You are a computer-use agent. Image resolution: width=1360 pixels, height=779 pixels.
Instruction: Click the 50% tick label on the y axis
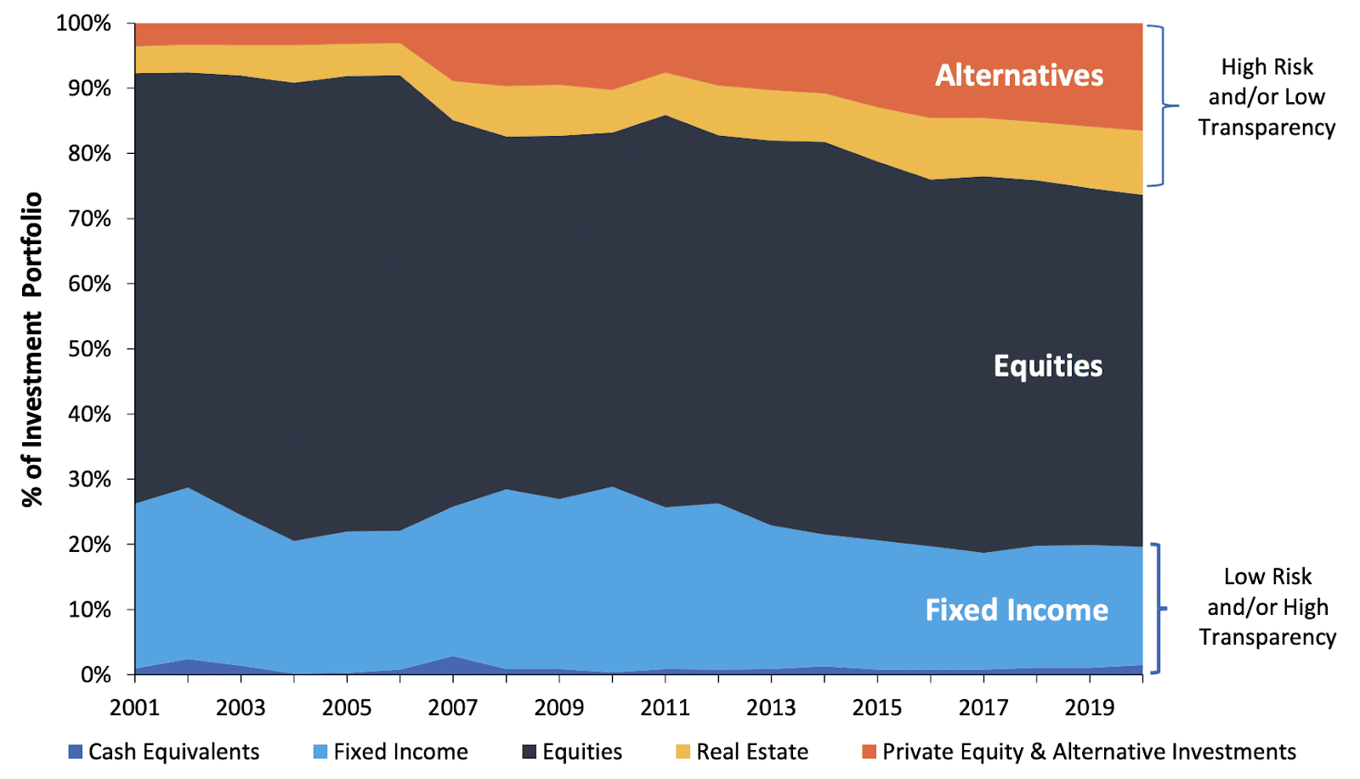[83, 350]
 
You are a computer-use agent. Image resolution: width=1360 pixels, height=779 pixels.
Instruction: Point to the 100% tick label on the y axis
[83, 23]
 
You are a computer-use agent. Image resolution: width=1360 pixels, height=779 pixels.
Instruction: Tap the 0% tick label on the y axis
[95, 675]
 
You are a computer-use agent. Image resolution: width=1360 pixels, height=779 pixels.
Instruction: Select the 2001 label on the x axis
[134, 708]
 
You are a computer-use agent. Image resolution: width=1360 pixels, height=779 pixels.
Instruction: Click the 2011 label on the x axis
[665, 708]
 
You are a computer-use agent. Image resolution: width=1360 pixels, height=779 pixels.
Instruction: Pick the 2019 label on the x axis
[1090, 708]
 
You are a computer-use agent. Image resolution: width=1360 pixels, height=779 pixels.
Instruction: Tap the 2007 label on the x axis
[452, 708]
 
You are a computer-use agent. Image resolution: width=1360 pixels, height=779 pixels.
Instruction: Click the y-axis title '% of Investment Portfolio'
[31, 350]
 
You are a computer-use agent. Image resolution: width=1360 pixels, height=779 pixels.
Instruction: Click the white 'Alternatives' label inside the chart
[1019, 75]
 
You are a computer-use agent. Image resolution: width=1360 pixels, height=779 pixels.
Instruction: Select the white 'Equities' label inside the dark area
[1047, 366]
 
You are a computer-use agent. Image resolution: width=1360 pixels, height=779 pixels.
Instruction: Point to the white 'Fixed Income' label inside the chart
[1016, 610]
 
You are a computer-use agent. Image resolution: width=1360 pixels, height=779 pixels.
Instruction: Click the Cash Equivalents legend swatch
[76, 752]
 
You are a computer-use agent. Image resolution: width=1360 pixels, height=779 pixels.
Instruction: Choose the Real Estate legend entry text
[751, 752]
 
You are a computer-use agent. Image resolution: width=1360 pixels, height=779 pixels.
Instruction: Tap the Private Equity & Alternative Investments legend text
[1088, 752]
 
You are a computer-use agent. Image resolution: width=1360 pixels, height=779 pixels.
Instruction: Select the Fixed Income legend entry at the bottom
[400, 752]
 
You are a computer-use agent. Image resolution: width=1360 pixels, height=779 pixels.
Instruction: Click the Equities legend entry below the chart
[582, 752]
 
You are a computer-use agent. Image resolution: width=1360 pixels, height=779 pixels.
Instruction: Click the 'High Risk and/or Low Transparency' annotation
[1266, 97]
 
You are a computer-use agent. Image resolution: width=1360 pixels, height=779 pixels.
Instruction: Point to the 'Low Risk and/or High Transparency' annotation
[1266, 607]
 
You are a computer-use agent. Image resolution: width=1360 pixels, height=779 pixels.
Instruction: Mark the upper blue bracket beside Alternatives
[1161, 105]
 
